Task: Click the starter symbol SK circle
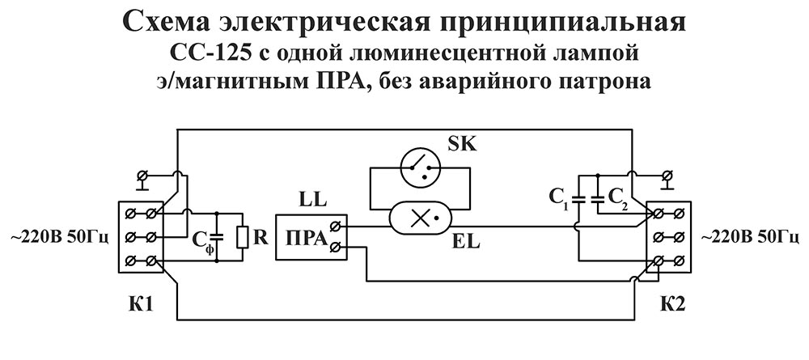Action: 419,167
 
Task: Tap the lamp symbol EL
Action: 419,217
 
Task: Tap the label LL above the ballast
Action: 311,198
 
